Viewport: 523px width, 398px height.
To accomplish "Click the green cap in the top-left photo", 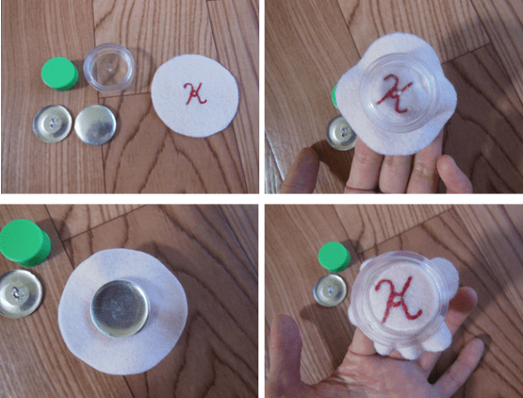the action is tap(60, 74).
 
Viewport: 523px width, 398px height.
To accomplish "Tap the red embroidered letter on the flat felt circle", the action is tap(194, 93).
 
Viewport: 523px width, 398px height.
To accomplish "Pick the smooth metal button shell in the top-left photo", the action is tap(96, 125).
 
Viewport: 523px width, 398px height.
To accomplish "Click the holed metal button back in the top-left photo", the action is tap(52, 124).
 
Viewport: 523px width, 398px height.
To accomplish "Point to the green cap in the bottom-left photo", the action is tap(24, 242).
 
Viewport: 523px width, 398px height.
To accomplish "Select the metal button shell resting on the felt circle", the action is tap(120, 308).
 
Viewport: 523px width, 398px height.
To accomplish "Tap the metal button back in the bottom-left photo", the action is tap(20, 293).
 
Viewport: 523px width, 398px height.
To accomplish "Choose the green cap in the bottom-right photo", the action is tap(334, 257).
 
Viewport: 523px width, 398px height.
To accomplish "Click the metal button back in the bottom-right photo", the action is tap(330, 289).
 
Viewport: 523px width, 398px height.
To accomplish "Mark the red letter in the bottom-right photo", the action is tap(398, 298).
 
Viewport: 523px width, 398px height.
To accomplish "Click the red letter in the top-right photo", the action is tap(394, 93).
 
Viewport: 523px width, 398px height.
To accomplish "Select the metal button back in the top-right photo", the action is tap(341, 133).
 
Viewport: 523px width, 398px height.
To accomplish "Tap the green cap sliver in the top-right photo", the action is tap(335, 96).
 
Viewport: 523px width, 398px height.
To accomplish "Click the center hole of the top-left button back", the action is tap(53, 124).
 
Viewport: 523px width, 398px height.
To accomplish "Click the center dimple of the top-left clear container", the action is tap(109, 69).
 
